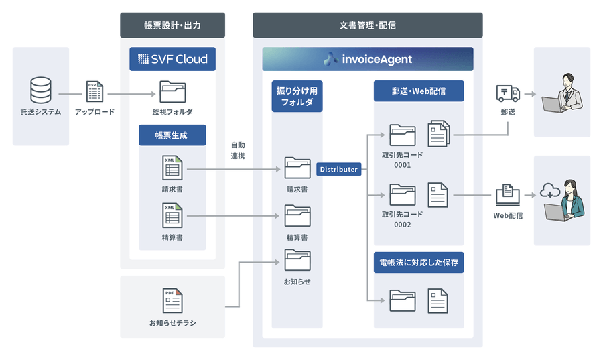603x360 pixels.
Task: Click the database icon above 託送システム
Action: point(40,91)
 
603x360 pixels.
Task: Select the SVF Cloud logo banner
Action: point(172,59)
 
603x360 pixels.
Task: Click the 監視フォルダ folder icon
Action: point(172,92)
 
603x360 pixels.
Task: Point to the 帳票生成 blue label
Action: point(172,135)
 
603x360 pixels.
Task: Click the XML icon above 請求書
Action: point(172,168)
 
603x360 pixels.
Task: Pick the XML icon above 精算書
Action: point(172,215)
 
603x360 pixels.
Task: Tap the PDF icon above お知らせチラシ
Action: point(172,300)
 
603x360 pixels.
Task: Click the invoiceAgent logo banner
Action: point(367,59)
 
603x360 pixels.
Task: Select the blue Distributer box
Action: point(338,170)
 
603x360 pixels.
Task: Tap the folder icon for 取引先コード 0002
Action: point(402,195)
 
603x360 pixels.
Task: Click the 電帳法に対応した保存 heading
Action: point(419,263)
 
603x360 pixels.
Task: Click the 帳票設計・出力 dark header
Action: point(172,25)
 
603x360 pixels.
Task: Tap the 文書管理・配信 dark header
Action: point(367,25)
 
